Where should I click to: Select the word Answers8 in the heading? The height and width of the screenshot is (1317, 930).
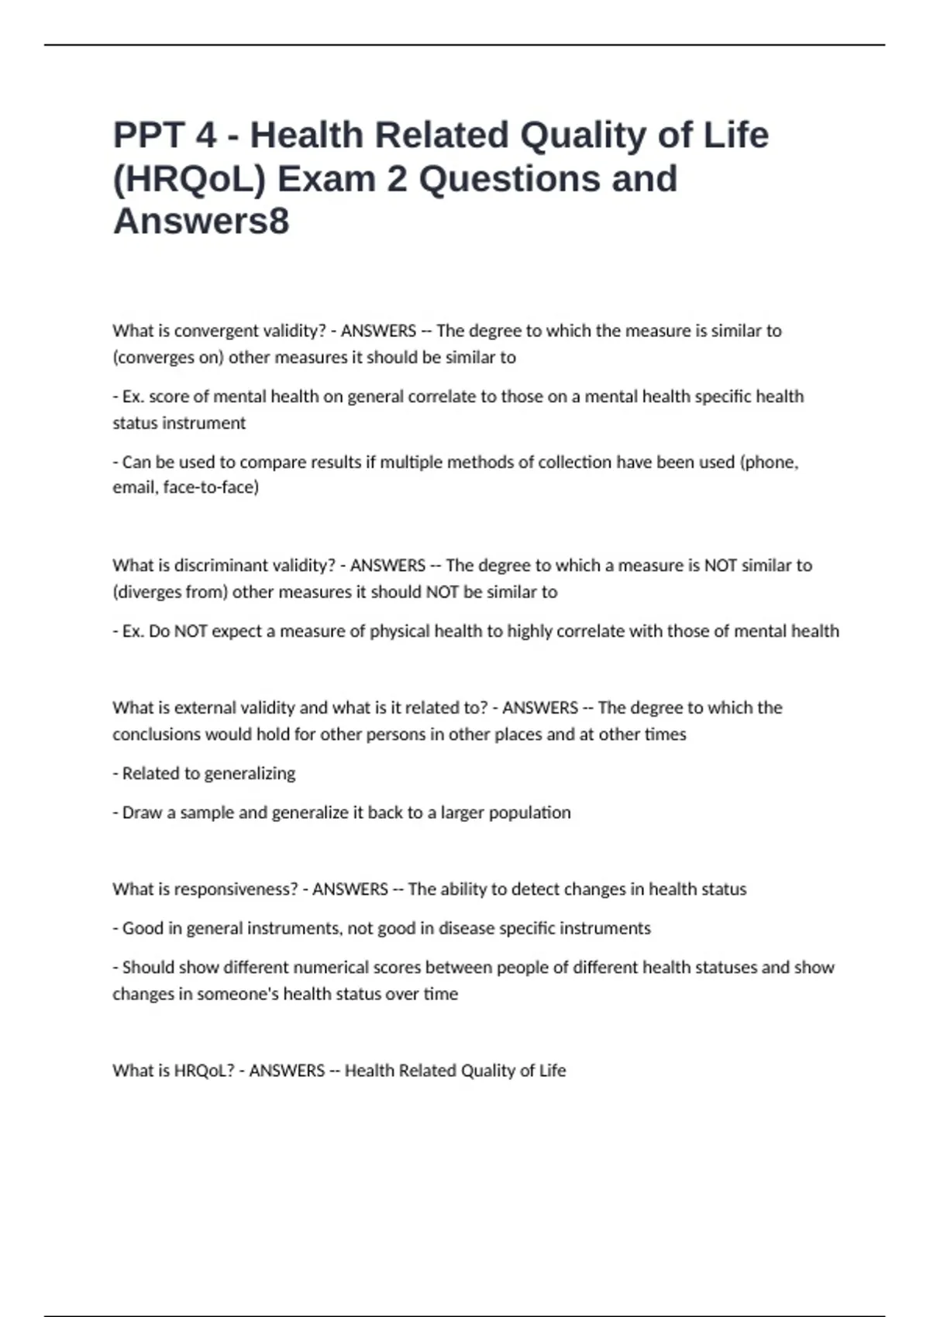[x=201, y=222]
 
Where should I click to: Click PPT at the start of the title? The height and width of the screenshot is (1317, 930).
[x=149, y=136]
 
